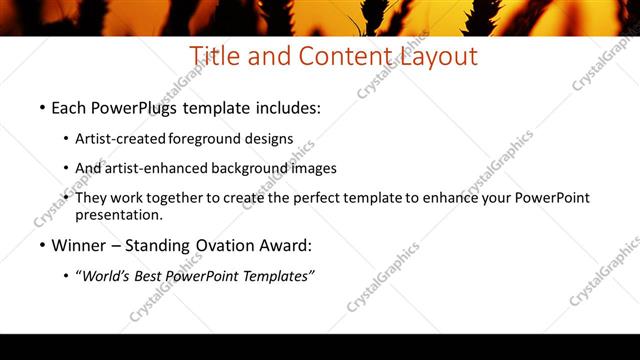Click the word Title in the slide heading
click(x=214, y=56)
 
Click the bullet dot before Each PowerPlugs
click(x=42, y=107)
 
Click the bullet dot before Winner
click(x=42, y=245)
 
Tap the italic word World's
click(x=102, y=276)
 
